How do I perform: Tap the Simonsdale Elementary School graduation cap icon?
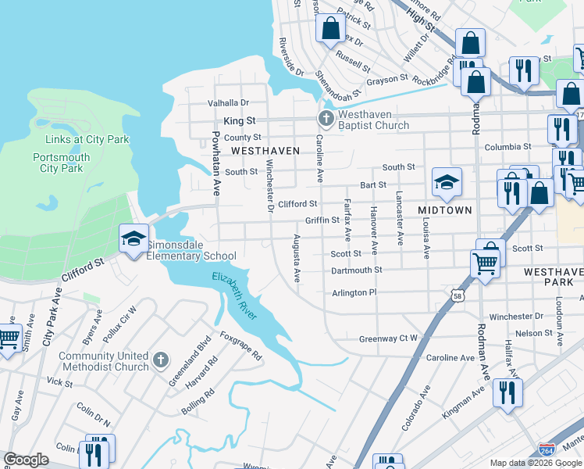pos(134,238)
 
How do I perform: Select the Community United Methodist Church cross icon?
pos(160,360)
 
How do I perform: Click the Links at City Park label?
pos(87,140)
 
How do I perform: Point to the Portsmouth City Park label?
pos(62,163)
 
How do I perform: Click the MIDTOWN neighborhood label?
pos(445,210)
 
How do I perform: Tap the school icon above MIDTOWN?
pos(447,183)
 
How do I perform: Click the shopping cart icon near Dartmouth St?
pos(486,266)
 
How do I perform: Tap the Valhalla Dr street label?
pos(227,103)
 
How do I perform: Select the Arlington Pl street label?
pos(354,292)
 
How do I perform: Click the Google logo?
pos(27,460)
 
